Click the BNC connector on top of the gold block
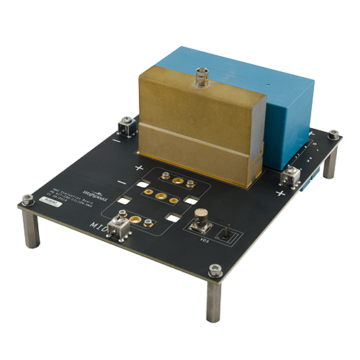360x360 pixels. pyautogui.click(x=199, y=73)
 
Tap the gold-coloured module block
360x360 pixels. pyautogui.click(x=194, y=126)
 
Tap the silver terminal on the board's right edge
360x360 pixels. pyautogui.click(x=292, y=175)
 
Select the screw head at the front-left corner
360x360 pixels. pyautogui.click(x=27, y=198)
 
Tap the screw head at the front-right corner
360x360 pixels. pyautogui.click(x=213, y=270)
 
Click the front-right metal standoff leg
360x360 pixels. pyautogui.click(x=213, y=302)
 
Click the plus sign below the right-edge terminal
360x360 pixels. pyautogui.click(x=280, y=194)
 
